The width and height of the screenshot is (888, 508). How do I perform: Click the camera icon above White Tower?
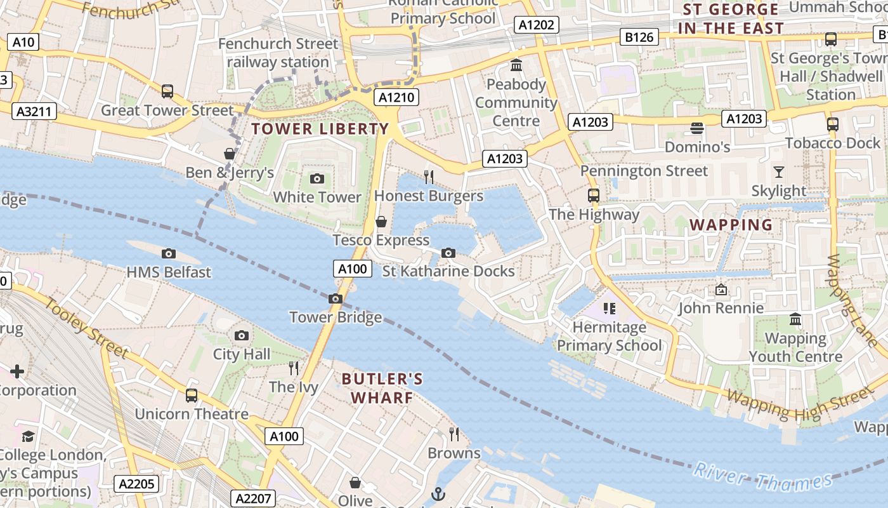[x=317, y=179]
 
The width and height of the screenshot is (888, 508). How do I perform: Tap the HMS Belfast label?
[x=169, y=272]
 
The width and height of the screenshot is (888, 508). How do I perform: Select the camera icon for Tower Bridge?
[x=336, y=298]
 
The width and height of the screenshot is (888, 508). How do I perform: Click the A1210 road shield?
[x=397, y=97]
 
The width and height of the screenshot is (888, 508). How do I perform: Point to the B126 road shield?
[x=639, y=37]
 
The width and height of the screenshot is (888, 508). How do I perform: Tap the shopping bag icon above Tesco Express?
[x=381, y=222]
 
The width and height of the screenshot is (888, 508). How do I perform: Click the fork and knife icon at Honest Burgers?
[x=429, y=177]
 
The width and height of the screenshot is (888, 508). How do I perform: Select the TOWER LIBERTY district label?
[x=320, y=129]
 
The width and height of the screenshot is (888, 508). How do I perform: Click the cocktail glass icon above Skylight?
[x=778, y=172]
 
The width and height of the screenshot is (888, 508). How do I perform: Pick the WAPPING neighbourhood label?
[x=731, y=225]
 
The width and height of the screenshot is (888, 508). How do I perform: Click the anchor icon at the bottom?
[x=438, y=493]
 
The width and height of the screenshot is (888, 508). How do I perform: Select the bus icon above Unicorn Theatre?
[x=192, y=396]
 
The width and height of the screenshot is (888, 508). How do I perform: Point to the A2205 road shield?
[x=137, y=484]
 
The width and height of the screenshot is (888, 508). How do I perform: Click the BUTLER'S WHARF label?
[x=382, y=388]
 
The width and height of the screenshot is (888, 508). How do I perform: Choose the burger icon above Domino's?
[x=697, y=128]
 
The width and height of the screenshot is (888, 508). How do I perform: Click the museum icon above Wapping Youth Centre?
[x=795, y=319]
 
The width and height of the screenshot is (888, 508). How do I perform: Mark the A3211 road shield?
[x=34, y=112]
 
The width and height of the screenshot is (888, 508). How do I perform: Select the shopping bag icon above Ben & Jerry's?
[x=230, y=154]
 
